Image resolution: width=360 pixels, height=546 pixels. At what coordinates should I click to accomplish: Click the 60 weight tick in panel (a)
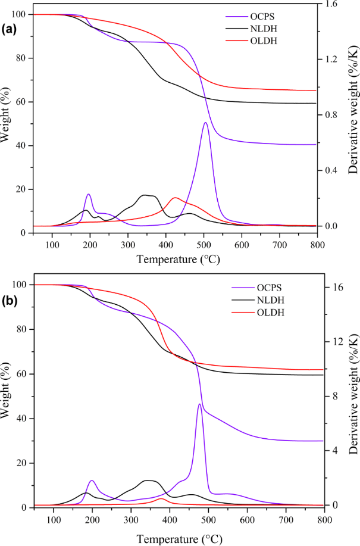(x=20, y=102)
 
